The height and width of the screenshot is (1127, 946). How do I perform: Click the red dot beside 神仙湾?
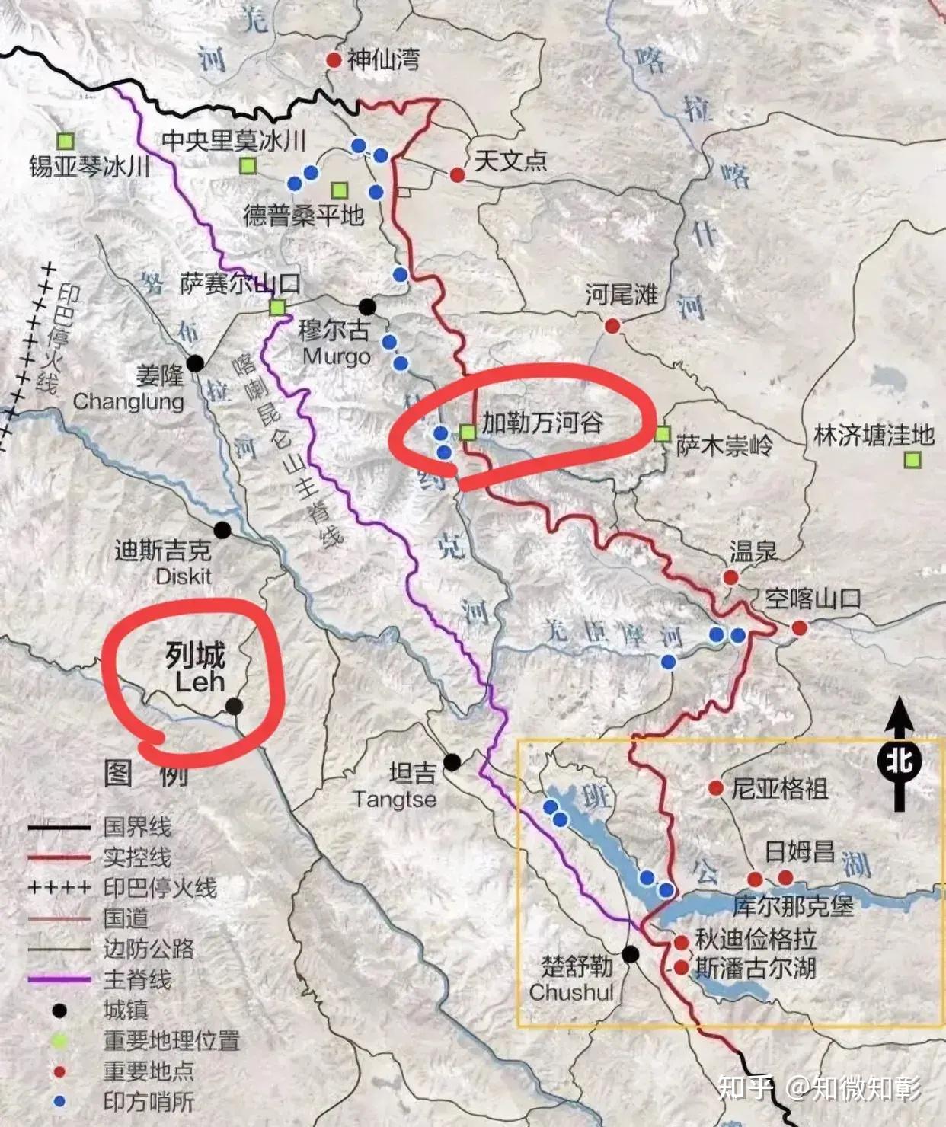pos(333,59)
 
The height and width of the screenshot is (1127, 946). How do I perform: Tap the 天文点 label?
pos(510,160)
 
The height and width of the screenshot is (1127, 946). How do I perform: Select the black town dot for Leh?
pos(235,707)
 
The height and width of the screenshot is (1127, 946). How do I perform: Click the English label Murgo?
pos(336,356)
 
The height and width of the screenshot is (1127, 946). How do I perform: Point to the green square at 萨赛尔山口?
pos(277,307)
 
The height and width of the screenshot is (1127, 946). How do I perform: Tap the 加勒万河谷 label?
pos(542,423)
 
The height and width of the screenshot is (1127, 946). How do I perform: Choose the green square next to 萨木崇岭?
pos(662,434)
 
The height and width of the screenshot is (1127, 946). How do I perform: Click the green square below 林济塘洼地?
pos(912,460)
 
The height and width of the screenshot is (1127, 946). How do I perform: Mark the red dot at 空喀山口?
pos(799,627)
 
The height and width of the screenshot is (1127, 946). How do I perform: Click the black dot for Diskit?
pos(222,529)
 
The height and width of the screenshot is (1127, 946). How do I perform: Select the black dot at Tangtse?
pos(452,761)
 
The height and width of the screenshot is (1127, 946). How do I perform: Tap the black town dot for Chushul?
pos(630,954)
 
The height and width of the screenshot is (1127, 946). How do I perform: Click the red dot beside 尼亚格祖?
pos(715,788)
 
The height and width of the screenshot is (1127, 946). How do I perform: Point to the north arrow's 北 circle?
pos(899,761)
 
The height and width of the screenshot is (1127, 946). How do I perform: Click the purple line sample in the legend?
pos(59,980)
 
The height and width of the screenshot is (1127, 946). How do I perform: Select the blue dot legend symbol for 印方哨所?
pos(59,1102)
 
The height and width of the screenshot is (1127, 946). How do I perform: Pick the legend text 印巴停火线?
pos(160,888)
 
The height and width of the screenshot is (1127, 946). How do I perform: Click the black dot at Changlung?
pos(196,363)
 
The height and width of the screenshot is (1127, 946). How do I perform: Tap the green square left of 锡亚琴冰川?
pos(66,140)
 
